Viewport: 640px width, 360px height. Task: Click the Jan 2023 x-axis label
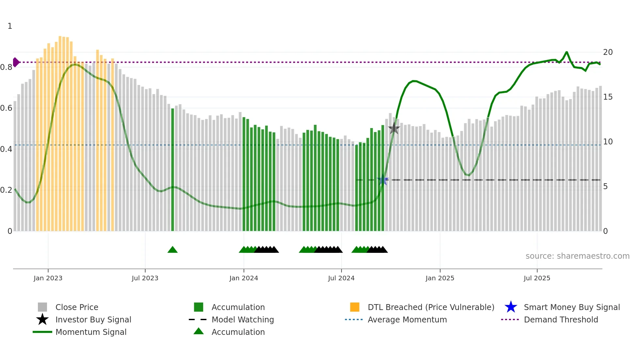coord(48,278)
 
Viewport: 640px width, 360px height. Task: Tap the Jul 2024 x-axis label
coord(341,278)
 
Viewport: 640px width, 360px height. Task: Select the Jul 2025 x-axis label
coord(537,278)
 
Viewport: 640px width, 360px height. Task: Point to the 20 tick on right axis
coord(608,52)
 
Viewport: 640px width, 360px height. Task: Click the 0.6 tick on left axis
coord(7,108)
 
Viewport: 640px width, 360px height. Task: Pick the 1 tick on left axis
coord(10,26)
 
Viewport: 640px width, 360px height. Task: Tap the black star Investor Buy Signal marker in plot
coord(394,128)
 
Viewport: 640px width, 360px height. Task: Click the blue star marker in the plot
coord(383,180)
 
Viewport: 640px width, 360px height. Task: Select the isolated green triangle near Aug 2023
coord(172,250)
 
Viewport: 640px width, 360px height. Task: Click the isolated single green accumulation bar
coord(173,170)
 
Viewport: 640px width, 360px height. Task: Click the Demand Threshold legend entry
coord(561,319)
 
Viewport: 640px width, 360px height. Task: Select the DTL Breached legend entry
coord(431,307)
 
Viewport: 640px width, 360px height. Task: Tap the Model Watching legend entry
coord(242,319)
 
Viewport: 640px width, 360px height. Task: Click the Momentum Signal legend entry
coord(90,332)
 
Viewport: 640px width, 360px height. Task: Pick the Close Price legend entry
coord(76,307)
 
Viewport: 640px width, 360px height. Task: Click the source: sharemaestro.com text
coord(577,256)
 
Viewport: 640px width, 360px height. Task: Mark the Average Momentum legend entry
coord(407,319)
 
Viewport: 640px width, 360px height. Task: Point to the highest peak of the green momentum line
coord(567,52)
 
